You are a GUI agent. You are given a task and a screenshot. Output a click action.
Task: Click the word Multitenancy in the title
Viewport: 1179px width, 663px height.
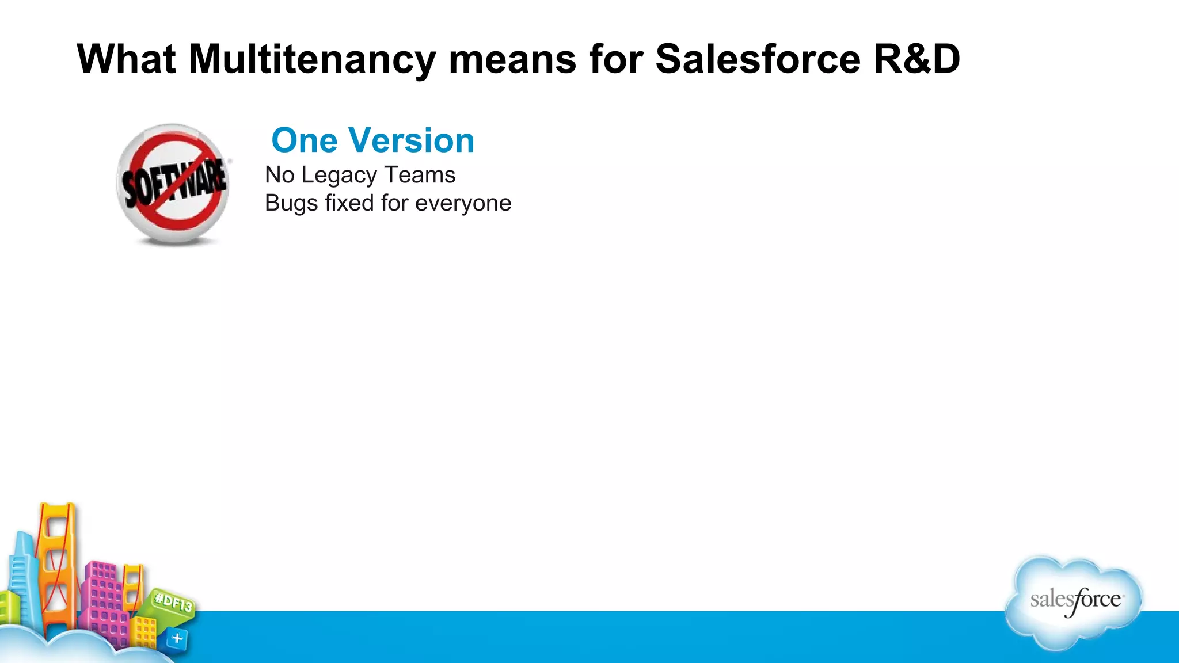(x=312, y=59)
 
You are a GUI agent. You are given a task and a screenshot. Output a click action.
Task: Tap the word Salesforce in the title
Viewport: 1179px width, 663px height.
(x=758, y=59)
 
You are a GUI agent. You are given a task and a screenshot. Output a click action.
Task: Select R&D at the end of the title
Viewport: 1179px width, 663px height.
(x=916, y=59)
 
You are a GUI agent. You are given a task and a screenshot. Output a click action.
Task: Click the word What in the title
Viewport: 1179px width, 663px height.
(x=126, y=59)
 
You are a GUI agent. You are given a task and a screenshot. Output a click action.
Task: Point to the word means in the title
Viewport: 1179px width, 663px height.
(x=512, y=59)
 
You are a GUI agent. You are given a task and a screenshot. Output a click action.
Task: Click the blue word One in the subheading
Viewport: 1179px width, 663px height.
(x=305, y=140)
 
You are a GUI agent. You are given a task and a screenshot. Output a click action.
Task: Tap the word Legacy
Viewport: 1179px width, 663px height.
(x=339, y=176)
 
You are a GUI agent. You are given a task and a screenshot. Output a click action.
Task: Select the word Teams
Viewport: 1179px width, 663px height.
(x=420, y=175)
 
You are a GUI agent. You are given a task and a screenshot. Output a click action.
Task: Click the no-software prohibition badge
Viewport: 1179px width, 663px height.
(x=173, y=183)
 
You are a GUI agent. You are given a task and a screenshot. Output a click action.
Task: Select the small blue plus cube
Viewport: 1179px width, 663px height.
(x=177, y=638)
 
